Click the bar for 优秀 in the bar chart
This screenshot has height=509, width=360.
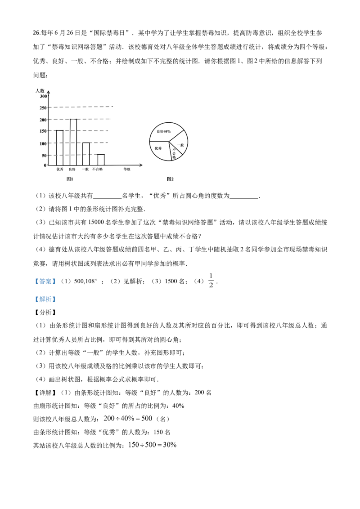(60, 147)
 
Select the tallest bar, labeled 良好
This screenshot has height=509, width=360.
(73, 142)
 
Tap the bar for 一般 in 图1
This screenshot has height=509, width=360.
(86, 154)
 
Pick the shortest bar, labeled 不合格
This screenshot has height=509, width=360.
(101, 160)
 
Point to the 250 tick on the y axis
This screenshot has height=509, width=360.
(43, 108)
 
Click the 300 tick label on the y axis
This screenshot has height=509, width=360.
(43, 96)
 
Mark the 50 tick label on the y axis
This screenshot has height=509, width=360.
(45, 156)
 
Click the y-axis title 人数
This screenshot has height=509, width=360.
(40, 90)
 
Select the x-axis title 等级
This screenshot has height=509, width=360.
(127, 169)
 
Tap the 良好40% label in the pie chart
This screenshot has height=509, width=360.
(163, 131)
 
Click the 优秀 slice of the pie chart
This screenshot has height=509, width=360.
(159, 150)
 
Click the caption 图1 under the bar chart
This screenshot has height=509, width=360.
(70, 179)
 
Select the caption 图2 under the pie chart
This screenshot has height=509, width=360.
(170, 179)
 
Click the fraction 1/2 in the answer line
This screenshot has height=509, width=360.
(211, 281)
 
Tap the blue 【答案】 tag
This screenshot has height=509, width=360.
(45, 281)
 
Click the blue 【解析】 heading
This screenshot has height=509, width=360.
(45, 299)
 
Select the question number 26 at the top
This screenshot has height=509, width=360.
(36, 33)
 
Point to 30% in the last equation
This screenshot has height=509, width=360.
(170, 445)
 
